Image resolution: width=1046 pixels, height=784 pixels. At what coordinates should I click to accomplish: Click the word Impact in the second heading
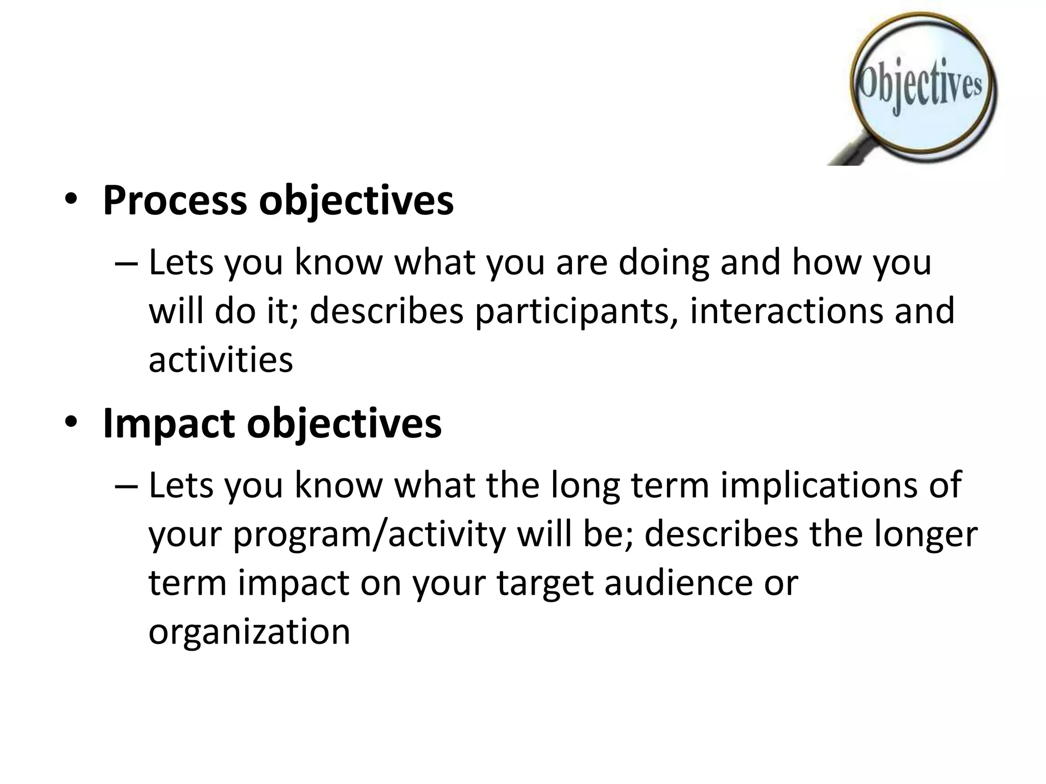point(169,423)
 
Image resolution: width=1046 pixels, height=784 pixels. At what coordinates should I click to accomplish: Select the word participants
point(576,311)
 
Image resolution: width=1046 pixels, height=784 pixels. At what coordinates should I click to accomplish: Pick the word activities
point(221,360)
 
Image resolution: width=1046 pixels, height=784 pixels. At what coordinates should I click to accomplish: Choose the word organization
point(249,631)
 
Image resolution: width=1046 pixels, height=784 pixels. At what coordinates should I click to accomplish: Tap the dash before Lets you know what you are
point(125,263)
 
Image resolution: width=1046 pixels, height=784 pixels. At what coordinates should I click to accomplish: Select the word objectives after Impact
point(344,423)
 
